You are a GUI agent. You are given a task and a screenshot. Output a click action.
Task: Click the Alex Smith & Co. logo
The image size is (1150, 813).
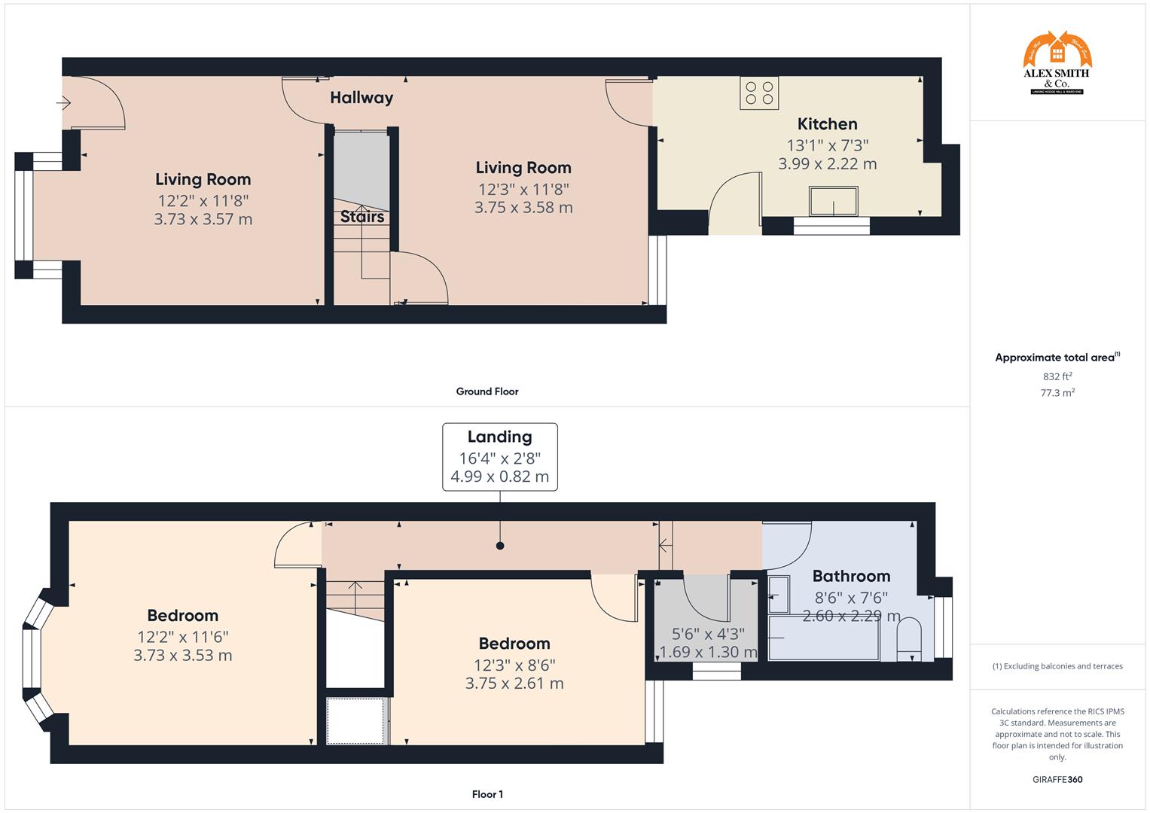1057,63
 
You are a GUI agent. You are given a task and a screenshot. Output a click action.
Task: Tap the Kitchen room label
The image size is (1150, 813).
827,124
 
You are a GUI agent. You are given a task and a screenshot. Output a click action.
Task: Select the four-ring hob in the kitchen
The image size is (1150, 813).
759,93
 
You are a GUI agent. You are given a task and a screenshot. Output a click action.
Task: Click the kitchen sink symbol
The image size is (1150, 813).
832,201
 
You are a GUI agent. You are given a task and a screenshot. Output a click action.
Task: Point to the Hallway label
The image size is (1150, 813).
361,98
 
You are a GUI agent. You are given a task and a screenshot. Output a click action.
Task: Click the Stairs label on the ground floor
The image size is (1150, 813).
362,217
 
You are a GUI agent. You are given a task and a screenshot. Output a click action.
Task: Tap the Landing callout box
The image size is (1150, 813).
499,457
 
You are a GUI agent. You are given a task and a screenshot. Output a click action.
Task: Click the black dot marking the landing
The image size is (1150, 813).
500,546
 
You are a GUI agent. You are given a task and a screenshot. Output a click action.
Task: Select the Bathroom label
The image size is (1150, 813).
851,577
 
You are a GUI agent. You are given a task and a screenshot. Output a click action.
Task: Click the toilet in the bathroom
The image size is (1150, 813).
910,639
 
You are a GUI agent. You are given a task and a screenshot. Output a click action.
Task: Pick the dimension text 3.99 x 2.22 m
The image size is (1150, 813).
827,164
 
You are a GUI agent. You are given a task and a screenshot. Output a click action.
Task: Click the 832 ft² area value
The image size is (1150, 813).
1057,376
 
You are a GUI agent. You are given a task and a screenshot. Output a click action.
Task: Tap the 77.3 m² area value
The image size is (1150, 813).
1057,393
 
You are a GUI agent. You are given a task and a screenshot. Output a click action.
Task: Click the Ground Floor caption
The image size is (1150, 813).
487,391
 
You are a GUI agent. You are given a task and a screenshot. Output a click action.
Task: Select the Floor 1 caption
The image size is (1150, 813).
487,794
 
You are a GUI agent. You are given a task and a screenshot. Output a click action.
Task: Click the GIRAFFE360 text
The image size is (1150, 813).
1057,779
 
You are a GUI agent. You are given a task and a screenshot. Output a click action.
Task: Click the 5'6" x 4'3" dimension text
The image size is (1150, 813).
707,634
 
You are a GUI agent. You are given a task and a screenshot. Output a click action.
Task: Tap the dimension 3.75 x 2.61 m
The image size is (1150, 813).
514,684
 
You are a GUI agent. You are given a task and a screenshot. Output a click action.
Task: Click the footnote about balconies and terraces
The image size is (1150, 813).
1057,666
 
